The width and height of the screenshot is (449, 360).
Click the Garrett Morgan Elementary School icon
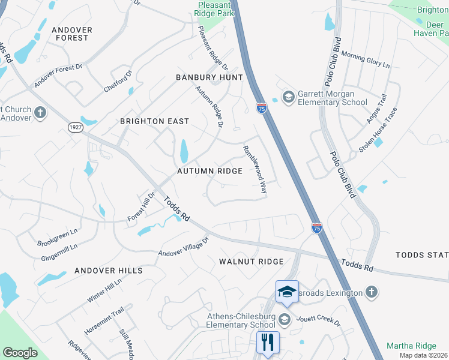[288, 97]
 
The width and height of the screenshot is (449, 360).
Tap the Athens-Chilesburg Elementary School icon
[285, 319]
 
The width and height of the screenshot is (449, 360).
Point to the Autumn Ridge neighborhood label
[209, 171]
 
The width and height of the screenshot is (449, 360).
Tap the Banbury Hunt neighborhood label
[209, 77]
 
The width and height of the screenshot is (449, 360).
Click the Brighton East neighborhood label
[154, 121]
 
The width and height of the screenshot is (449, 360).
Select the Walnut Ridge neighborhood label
[251, 262]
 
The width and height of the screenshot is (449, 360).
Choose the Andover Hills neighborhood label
[109, 271]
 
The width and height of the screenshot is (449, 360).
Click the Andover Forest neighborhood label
[71, 34]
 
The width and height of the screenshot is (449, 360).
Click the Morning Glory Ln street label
[366, 59]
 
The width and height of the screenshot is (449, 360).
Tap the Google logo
[20, 353]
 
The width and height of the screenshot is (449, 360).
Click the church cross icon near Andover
[40, 113]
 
